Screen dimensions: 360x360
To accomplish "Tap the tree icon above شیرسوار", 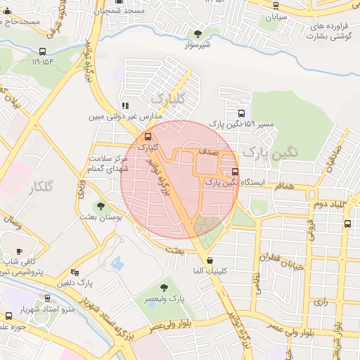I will tap(198, 33).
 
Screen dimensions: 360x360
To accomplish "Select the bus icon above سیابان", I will tap(275, 6).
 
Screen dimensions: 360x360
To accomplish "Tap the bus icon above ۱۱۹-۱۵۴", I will tap(43, 51).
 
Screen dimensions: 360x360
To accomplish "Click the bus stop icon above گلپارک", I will tap(148, 136).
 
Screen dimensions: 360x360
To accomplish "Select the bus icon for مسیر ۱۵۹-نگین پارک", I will tap(242, 112).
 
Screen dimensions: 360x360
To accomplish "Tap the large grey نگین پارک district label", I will tap(271, 151).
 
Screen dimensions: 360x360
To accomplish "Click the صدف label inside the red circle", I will tap(208, 151).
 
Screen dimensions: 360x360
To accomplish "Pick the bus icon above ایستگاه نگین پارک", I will tap(235, 171).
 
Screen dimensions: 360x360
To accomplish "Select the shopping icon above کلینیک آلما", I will tap(191, 261).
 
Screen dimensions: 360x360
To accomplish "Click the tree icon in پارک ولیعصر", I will tap(164, 287).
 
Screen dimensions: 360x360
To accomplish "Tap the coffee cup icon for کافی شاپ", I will tap(19, 251).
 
